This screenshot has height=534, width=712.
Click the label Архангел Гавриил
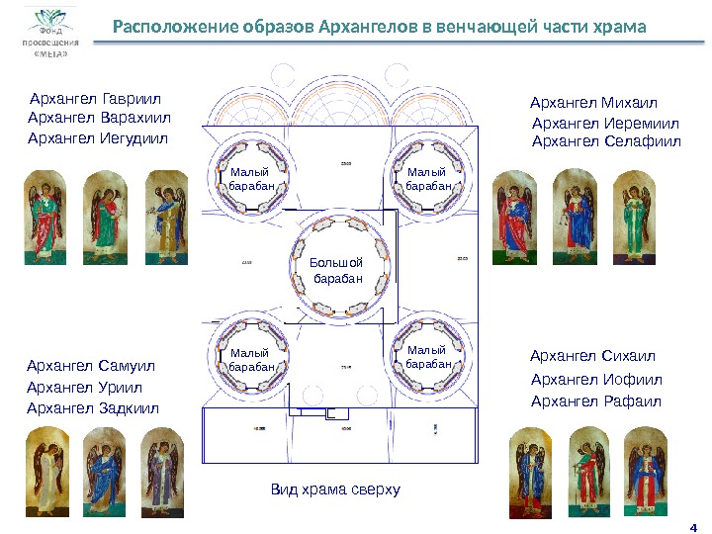[x=95, y=100]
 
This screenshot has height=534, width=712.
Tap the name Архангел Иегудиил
[x=98, y=138]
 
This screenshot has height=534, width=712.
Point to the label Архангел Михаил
[x=593, y=103]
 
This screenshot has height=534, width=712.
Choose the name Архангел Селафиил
[x=606, y=141]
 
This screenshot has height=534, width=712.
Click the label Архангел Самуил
[x=91, y=366]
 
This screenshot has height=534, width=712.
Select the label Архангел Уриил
[x=84, y=388]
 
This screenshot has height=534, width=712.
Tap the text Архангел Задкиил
[x=92, y=407]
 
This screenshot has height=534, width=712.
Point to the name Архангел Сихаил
[x=592, y=356]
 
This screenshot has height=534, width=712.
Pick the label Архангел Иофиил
[x=596, y=380]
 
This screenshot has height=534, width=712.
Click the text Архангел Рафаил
[x=595, y=400]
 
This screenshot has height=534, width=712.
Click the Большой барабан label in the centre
[x=337, y=271]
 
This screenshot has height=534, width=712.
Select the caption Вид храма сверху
[x=335, y=490]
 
